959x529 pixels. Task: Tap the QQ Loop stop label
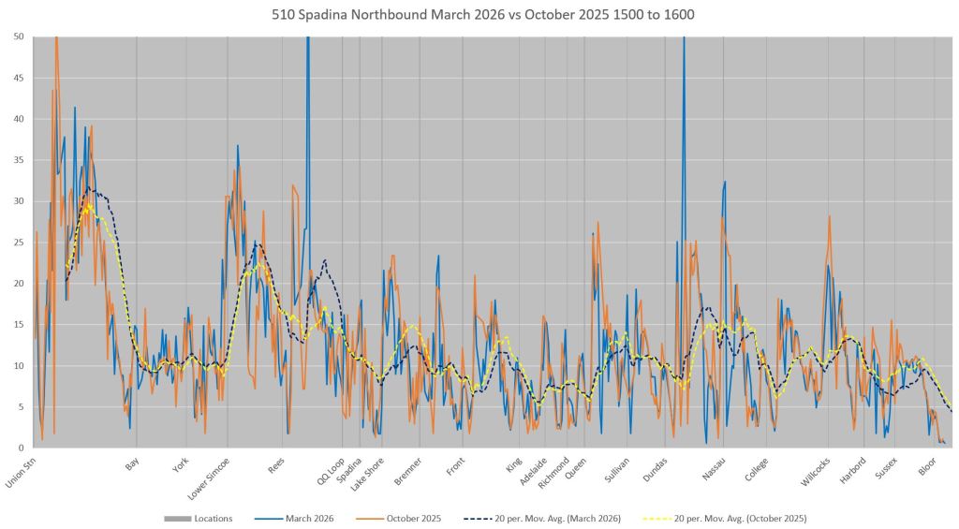point(331,467)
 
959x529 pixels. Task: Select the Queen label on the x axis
point(577,465)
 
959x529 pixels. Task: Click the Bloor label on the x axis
point(927,463)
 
